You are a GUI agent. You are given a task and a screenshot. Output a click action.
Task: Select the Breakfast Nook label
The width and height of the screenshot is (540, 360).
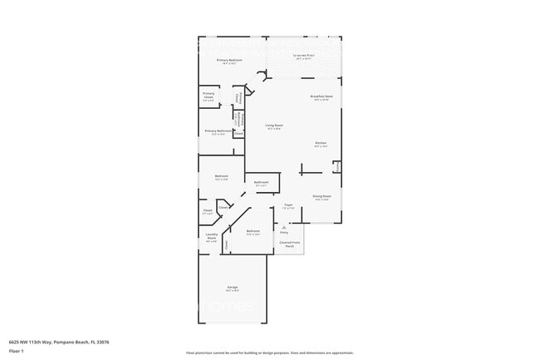tap(322, 97)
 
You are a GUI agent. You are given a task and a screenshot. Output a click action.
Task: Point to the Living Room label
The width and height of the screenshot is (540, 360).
tap(274, 126)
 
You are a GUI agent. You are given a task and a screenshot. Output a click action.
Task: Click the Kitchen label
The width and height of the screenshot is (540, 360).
tap(321, 143)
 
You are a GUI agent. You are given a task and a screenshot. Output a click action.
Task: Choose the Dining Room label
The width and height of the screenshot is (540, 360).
tap(322, 196)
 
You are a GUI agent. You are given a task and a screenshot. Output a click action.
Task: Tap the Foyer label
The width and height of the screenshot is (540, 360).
tap(288, 205)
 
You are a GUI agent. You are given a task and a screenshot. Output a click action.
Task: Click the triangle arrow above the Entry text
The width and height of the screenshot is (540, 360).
tap(284, 225)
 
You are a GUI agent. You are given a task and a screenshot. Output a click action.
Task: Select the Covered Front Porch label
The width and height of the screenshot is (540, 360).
tap(289, 244)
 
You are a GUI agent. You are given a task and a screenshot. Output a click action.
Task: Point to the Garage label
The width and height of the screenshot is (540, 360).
tap(233, 288)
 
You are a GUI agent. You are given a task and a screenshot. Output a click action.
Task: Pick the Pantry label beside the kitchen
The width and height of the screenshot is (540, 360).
tap(336, 167)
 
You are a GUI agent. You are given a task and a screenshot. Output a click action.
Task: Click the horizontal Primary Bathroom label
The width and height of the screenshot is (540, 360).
tap(218, 131)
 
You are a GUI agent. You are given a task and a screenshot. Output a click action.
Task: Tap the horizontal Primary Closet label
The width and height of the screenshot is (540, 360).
tap(209, 96)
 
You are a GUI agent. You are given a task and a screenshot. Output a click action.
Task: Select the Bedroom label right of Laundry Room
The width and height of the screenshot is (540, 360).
tap(253, 231)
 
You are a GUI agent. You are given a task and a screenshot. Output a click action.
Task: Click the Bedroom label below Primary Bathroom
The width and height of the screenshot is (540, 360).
tap(221, 175)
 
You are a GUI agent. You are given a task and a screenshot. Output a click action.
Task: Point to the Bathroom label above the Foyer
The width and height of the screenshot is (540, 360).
tap(261, 182)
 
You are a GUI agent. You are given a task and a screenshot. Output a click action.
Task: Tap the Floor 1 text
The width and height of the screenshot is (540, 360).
tap(16, 351)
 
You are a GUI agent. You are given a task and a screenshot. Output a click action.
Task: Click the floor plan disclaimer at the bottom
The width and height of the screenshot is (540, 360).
tap(270, 353)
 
